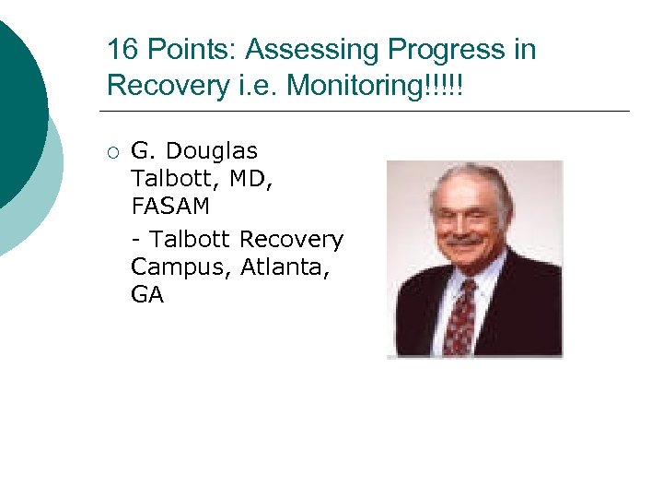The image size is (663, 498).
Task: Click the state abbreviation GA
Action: [147, 297]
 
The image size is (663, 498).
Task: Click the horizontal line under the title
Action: [368, 112]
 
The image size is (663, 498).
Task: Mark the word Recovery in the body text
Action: [291, 239]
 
